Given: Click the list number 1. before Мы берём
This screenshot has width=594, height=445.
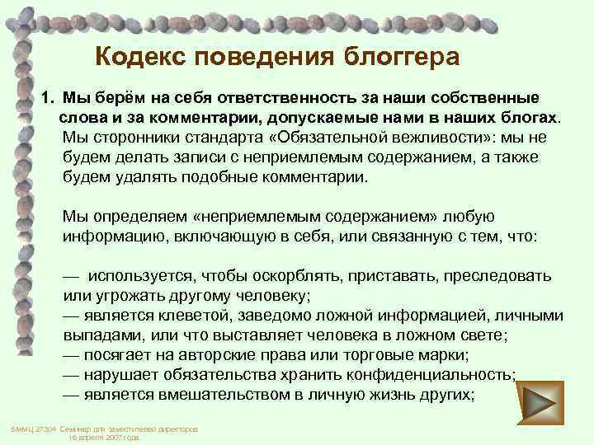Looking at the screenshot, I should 47,98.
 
